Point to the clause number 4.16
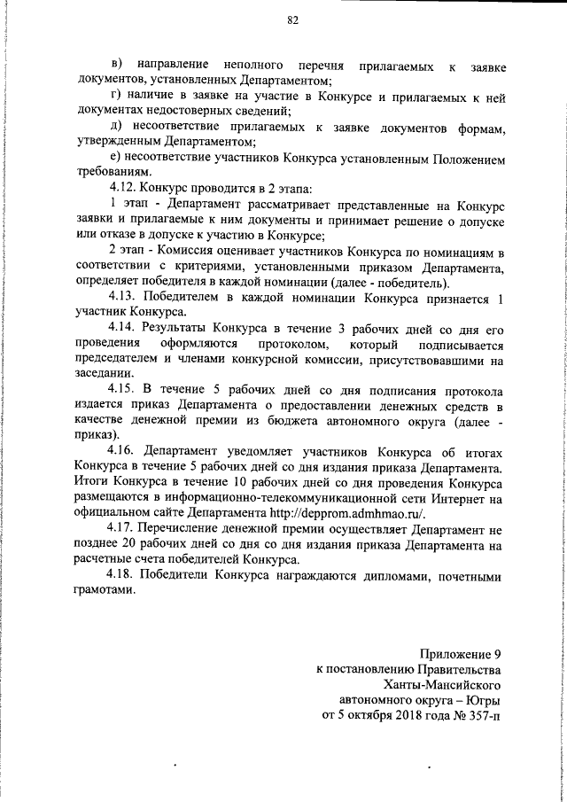[123, 450]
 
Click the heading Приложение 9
[454, 654]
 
